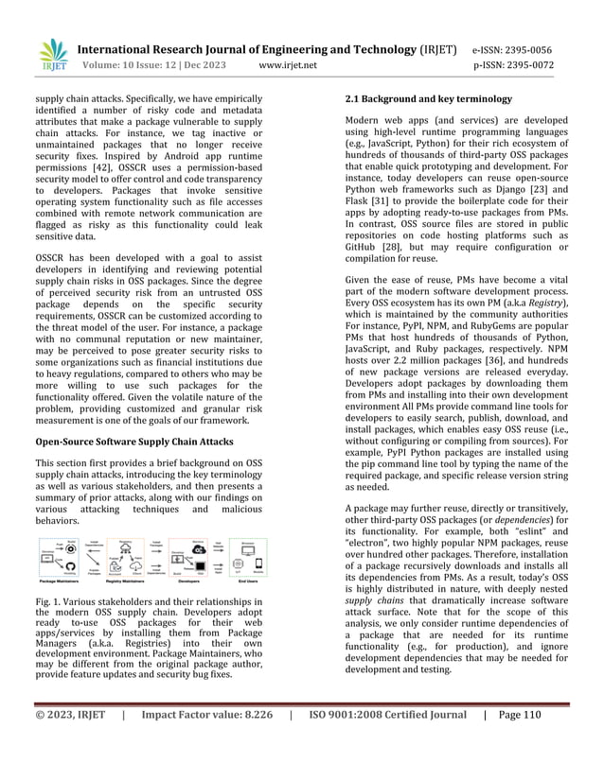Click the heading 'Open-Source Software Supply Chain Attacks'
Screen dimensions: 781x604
pos(134,441)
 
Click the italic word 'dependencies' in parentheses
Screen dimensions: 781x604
pos(511,519)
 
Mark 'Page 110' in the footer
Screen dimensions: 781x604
pos(517,740)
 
